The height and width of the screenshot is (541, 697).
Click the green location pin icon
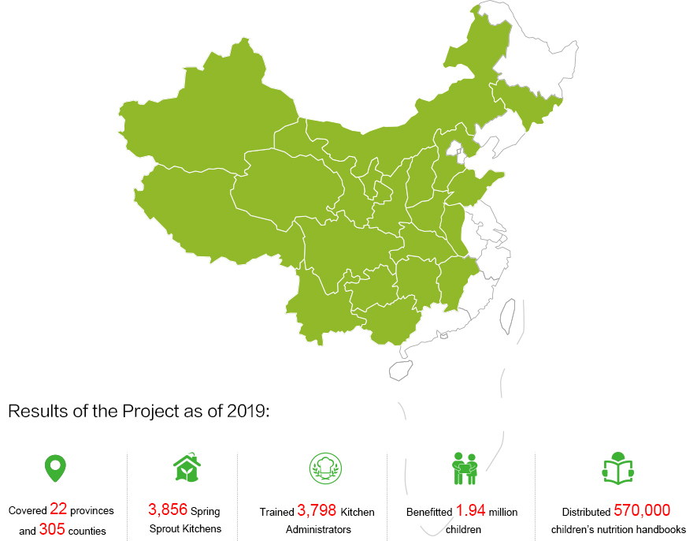coord(54,468)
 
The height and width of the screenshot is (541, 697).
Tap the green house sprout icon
coord(186,468)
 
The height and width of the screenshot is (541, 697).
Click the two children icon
coord(465,468)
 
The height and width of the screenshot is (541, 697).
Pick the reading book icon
coord(617,468)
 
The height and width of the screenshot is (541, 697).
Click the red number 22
coord(58,509)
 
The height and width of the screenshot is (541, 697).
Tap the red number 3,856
coord(168,509)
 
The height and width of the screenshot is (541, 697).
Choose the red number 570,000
coord(642,509)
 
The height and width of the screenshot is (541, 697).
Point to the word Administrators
coord(318,530)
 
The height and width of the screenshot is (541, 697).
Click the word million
coord(503,512)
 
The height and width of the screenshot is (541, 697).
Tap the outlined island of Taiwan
coord(508,313)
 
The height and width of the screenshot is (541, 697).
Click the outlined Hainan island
coord(401,369)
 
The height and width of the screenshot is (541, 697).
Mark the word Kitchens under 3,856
coord(202,529)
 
